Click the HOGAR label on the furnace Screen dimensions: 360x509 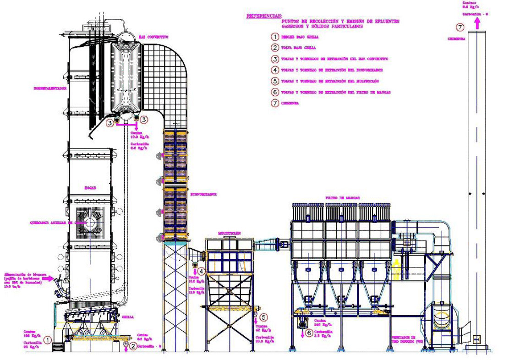(x=90, y=188)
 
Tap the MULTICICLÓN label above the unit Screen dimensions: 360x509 (x=229, y=233)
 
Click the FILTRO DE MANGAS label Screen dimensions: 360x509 (x=342, y=198)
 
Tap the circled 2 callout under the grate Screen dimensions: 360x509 (x=133, y=346)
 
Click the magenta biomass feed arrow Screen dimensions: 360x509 (x=49, y=278)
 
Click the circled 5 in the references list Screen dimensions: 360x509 (x=274, y=81)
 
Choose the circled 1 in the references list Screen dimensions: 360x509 (x=274, y=37)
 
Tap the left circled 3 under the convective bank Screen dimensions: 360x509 (x=110, y=123)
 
